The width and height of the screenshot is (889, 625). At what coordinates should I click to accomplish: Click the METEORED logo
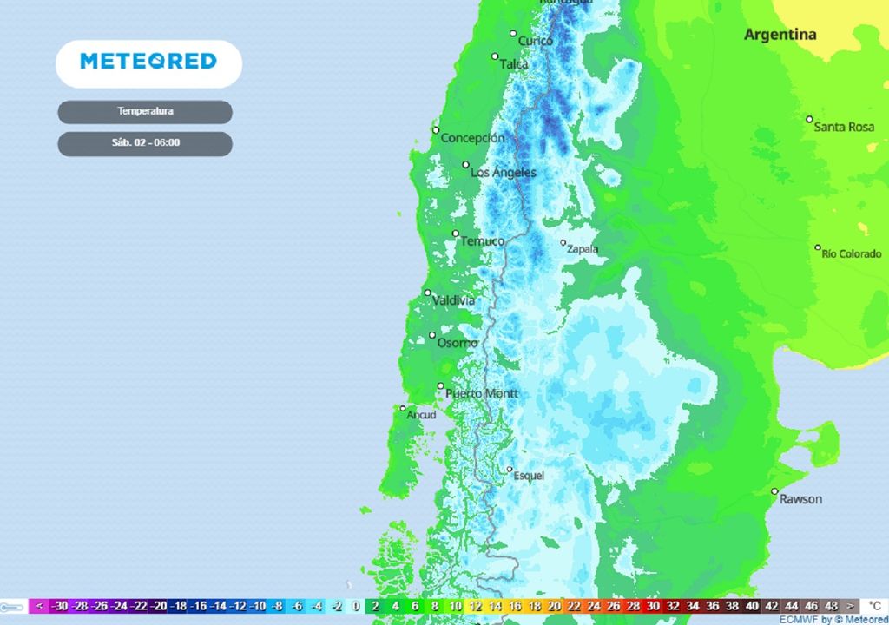(148, 62)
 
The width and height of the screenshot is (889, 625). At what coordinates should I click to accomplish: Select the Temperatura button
(145, 112)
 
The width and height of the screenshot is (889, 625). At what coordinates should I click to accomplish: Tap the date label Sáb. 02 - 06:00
(145, 143)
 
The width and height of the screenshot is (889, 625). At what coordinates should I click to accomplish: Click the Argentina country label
(780, 35)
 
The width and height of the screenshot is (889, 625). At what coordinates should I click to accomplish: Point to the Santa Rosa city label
(844, 127)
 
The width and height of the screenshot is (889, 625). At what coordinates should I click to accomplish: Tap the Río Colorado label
(851, 253)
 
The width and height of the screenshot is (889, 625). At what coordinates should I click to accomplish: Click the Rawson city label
(800, 499)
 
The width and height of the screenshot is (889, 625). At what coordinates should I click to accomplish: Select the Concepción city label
(472, 138)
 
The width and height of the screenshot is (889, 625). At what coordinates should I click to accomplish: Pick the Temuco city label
(482, 240)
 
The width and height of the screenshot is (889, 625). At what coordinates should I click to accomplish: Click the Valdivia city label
(454, 300)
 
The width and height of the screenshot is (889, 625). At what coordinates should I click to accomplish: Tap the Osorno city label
(457, 343)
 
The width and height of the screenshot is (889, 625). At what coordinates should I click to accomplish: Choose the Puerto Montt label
(481, 393)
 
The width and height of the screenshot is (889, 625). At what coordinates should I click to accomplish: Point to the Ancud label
(421, 415)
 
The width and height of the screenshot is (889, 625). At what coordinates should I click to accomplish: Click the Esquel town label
(529, 476)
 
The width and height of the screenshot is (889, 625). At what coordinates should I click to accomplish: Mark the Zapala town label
(582, 249)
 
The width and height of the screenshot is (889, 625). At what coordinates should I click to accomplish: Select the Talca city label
(513, 64)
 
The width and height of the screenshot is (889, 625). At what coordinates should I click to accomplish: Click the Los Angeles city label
(503, 173)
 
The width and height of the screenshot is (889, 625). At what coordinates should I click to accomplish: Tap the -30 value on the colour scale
(60, 606)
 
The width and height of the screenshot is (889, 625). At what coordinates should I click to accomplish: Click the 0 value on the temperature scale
(356, 606)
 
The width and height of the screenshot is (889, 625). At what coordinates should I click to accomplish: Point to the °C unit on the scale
(873, 606)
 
